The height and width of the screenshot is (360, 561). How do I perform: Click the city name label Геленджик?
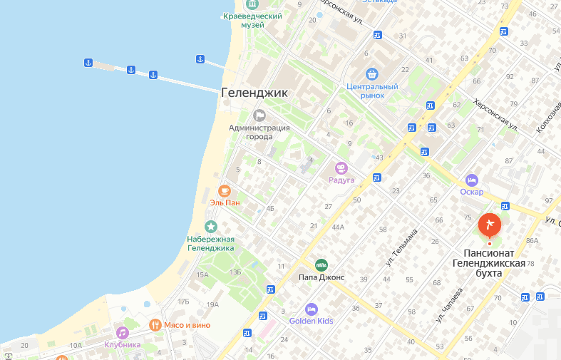click(254, 93)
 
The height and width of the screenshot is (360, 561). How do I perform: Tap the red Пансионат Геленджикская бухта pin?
click(489, 225)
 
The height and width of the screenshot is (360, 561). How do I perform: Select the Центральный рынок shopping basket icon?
click(371, 74)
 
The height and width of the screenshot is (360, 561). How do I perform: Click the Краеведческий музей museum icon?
click(243, 4)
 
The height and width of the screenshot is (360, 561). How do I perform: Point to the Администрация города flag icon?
click(259, 115)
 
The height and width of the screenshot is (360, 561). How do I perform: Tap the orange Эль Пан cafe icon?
click(224, 190)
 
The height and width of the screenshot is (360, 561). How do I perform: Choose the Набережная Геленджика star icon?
click(210, 227)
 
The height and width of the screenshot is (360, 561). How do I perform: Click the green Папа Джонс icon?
click(321, 264)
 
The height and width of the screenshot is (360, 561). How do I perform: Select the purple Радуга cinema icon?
click(341, 168)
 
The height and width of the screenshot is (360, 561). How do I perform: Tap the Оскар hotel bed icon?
click(471, 180)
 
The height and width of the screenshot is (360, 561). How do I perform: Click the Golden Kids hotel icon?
click(311, 309)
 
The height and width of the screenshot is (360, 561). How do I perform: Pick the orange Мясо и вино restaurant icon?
click(155, 325)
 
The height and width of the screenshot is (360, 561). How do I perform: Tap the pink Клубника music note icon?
click(122, 332)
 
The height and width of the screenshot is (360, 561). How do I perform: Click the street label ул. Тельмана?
click(401, 247)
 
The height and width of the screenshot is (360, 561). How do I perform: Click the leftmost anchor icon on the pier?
click(88, 63)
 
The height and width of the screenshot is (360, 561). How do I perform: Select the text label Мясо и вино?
click(187, 325)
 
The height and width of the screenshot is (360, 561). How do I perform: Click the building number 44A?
click(338, 227)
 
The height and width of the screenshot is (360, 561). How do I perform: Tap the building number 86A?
click(531, 241)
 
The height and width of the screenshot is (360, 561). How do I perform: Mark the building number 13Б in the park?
click(235, 272)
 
